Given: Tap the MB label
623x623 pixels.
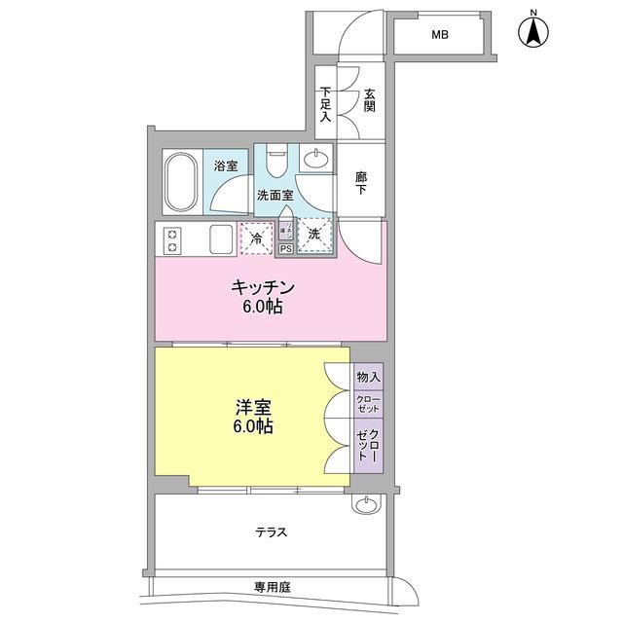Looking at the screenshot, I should [x=440, y=36].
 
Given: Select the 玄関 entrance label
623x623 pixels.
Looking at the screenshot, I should [x=370, y=99].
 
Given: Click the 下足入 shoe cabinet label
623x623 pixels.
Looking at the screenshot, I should [x=325, y=103].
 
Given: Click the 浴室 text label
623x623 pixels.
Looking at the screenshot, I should [x=226, y=166].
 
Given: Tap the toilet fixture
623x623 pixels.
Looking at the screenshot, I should [x=276, y=159].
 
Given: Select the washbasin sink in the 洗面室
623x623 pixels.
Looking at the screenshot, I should [x=316, y=160].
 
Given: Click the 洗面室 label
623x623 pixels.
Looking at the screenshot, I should [x=275, y=195].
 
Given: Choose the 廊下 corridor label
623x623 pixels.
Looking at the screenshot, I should [x=361, y=182].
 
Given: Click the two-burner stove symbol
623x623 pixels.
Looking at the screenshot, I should [x=172, y=239].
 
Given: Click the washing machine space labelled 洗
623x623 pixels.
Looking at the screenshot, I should [x=314, y=235].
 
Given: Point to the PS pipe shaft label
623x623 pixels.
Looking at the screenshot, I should [x=285, y=249].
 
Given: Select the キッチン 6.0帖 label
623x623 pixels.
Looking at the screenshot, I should [x=262, y=297].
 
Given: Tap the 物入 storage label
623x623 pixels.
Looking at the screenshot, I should [x=368, y=377].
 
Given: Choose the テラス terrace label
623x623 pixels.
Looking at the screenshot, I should [x=271, y=531].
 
